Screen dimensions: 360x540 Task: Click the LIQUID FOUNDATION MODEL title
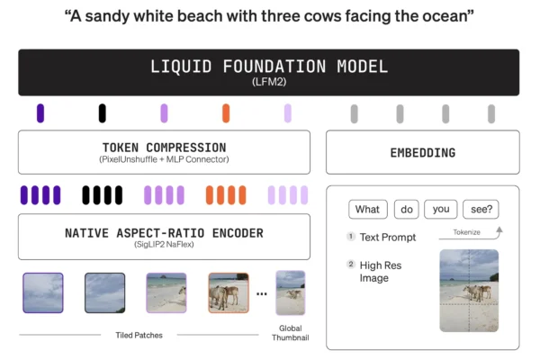coord(269,67)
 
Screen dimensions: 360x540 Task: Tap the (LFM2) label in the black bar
coord(269,83)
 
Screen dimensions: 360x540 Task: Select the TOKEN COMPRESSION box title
coord(164,147)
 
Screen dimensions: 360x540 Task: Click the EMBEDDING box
coord(422,153)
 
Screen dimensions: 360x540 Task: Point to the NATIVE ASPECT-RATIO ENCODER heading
coord(164,233)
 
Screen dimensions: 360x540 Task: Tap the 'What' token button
coord(367,210)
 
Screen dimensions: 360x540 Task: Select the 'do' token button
coord(407,210)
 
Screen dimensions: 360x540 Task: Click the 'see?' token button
coord(481,210)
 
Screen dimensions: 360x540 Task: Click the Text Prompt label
coord(388,238)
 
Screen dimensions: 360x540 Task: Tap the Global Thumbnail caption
coord(290,332)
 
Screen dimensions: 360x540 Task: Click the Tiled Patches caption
coord(137,334)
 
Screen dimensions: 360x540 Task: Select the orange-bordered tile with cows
coord(229,292)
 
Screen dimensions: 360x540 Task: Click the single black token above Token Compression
coord(103,113)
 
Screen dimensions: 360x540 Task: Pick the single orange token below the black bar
coord(226,113)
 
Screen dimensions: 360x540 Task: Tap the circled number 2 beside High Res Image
coord(351,265)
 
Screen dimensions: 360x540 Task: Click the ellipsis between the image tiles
coord(262,293)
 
